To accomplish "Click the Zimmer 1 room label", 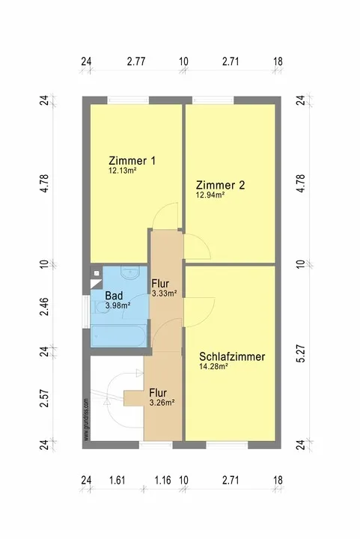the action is coord(132,160).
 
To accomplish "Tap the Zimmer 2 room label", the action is coord(220,185).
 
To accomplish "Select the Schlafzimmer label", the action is coord(232,356).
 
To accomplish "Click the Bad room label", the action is coord(114,295).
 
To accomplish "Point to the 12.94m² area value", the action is coord(210,195).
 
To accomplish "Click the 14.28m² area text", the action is coord(213,366).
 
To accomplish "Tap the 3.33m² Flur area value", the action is coord(164,293).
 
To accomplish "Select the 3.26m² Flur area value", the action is coord(162,402).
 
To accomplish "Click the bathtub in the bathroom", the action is coord(119,336).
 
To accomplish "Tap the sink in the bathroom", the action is coord(129,272).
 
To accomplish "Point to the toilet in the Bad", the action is coord(100,307).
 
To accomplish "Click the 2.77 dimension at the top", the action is coord(136,61).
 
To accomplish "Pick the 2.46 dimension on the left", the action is coord(44,307).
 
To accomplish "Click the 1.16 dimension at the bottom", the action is coord(162,480).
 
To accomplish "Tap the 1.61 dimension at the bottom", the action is coord(118,480).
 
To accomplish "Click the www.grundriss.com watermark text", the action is coord(86,419).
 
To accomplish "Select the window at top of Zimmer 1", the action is coord(128,100).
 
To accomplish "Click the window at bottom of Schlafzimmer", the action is coord(227,445).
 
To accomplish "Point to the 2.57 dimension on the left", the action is coord(44,398).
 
